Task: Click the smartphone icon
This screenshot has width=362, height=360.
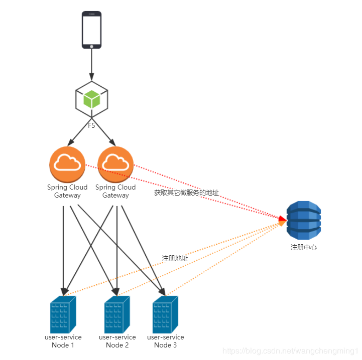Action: (x=91, y=30)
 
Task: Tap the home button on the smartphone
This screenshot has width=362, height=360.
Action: (x=91, y=46)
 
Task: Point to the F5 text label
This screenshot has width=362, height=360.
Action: (x=91, y=126)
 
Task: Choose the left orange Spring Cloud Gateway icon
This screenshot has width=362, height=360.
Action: (x=67, y=165)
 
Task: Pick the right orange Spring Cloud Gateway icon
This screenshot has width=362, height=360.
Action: (x=116, y=165)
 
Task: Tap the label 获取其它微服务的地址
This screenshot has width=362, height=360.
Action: (x=186, y=193)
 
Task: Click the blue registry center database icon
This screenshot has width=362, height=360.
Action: (x=303, y=221)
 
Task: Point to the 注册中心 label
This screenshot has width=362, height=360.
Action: (x=303, y=247)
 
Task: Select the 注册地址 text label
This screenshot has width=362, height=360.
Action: (x=175, y=258)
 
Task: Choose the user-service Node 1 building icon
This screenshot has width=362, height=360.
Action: (x=63, y=314)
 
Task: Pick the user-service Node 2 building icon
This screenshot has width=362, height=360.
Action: (x=117, y=314)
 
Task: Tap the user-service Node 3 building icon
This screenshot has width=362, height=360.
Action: (x=165, y=314)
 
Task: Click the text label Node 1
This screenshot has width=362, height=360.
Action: (x=63, y=345)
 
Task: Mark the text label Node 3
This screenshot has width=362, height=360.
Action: (x=165, y=345)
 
